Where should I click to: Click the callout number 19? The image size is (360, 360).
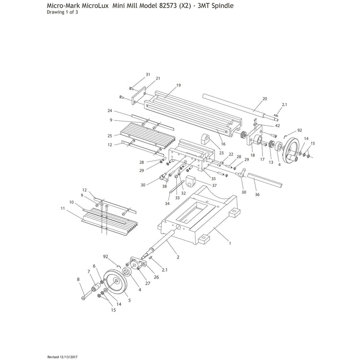(178, 85)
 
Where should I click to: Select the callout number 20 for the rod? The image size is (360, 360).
(264, 99)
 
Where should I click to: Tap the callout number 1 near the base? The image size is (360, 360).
(230, 243)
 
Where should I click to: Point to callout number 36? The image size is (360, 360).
(257, 195)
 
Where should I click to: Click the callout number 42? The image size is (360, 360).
(277, 125)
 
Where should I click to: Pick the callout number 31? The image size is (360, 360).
(148, 74)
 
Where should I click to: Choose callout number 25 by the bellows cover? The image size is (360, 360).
(110, 135)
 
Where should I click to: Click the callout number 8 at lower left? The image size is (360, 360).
(78, 279)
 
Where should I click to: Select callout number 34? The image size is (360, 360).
(167, 204)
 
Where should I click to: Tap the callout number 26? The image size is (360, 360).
(156, 277)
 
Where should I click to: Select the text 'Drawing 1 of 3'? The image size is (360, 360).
(62, 12)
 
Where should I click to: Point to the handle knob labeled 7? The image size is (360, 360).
(96, 288)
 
